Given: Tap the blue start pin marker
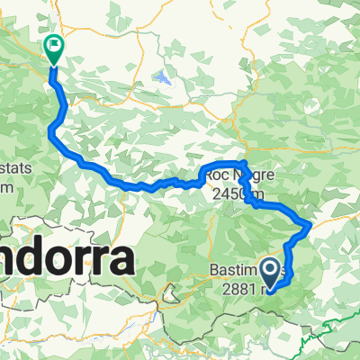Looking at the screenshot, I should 269,268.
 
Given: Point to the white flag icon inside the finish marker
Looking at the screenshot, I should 54,42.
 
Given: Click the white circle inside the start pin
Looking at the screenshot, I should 269,265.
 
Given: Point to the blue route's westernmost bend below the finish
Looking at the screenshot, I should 49,132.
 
